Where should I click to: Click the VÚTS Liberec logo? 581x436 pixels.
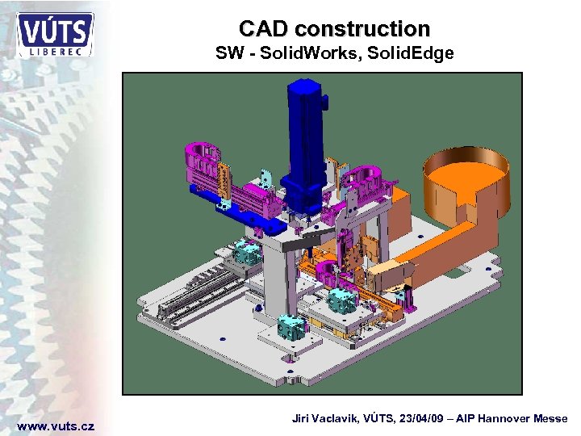click(x=56, y=34)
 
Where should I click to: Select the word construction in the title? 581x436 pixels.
click(x=362, y=29)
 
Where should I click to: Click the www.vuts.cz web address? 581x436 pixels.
click(x=56, y=426)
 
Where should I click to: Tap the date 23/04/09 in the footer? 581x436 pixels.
click(x=422, y=418)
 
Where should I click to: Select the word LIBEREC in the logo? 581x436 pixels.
click(x=56, y=50)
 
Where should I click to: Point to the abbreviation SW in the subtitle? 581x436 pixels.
click(x=227, y=54)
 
